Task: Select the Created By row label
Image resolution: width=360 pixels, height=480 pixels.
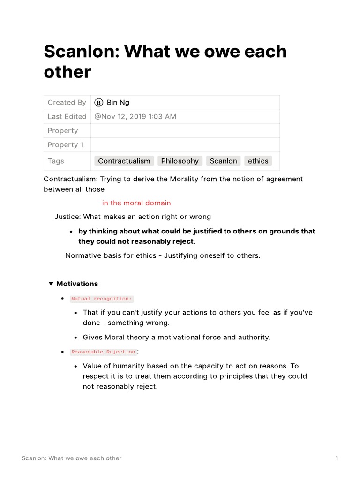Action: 67,102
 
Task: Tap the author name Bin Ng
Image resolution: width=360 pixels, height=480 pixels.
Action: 118,102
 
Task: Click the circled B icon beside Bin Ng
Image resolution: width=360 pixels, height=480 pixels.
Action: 98,102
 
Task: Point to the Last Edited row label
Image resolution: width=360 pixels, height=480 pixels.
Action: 67,116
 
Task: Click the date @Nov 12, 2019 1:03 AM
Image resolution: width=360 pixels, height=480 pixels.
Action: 135,116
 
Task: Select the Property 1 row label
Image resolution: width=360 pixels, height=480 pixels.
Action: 66,144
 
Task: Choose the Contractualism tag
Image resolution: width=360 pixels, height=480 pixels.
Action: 124,161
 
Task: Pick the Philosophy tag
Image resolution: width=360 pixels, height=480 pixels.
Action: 180,161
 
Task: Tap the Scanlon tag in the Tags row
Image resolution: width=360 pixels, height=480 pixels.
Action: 223,161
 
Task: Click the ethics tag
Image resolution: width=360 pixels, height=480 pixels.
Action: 258,161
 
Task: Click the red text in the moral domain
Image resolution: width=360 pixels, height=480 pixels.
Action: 136,203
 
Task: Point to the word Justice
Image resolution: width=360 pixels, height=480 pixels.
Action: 67,217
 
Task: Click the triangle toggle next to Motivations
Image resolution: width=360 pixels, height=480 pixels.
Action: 51,284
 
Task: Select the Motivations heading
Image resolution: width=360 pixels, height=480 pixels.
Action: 77,284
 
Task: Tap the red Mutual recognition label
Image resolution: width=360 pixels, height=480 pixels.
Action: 102,299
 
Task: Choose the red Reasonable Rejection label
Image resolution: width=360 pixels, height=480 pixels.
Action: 104,352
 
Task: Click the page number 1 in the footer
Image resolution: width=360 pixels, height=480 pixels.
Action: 337,458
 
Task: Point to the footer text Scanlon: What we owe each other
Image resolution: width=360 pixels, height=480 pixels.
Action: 72,458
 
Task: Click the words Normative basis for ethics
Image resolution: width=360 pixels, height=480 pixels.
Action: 112,255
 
